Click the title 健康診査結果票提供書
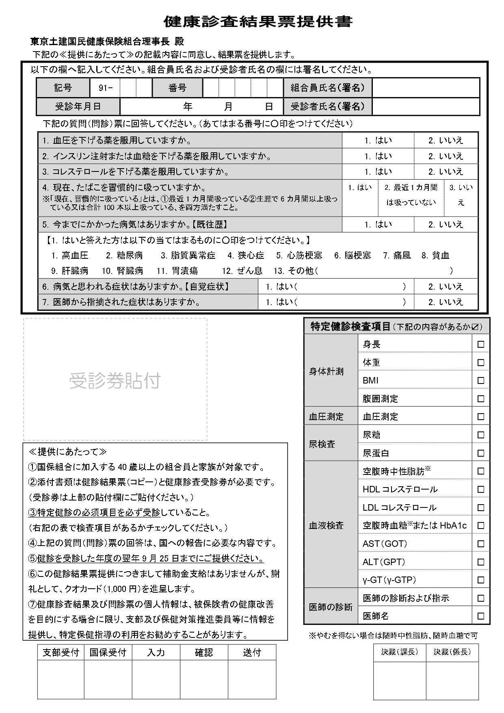tap(258, 21)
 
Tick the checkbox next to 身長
tap(481, 345)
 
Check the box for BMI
tap(481, 381)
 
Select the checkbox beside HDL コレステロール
tap(481, 489)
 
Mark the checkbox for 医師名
tap(481, 616)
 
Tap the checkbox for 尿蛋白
tap(481, 453)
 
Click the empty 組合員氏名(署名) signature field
tap(426, 88)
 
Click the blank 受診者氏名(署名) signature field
tap(426, 107)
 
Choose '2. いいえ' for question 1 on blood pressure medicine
tap(446, 141)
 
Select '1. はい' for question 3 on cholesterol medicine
tap(378, 171)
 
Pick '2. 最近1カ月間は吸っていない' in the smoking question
tap(411, 195)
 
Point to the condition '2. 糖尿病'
tap(124, 256)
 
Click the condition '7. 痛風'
tap(397, 256)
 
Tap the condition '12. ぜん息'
tap(242, 271)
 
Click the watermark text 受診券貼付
tap(115, 381)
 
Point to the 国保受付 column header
tap(108, 652)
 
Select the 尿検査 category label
tap(322, 444)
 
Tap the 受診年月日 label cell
tap(78, 107)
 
